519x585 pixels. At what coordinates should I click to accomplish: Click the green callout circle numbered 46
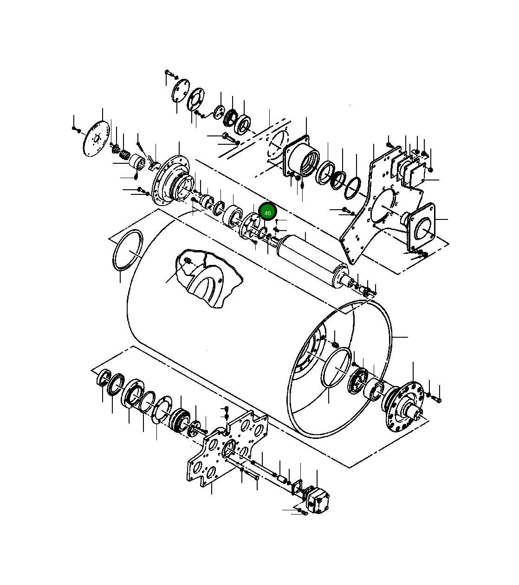pos(267,212)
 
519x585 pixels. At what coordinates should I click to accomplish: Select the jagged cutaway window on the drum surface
pos(209,278)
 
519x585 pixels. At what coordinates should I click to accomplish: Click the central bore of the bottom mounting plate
pos(228,449)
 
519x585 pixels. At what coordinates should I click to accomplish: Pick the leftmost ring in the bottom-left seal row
pos(104,378)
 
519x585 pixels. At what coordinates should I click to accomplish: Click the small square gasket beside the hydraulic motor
pos(298,487)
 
